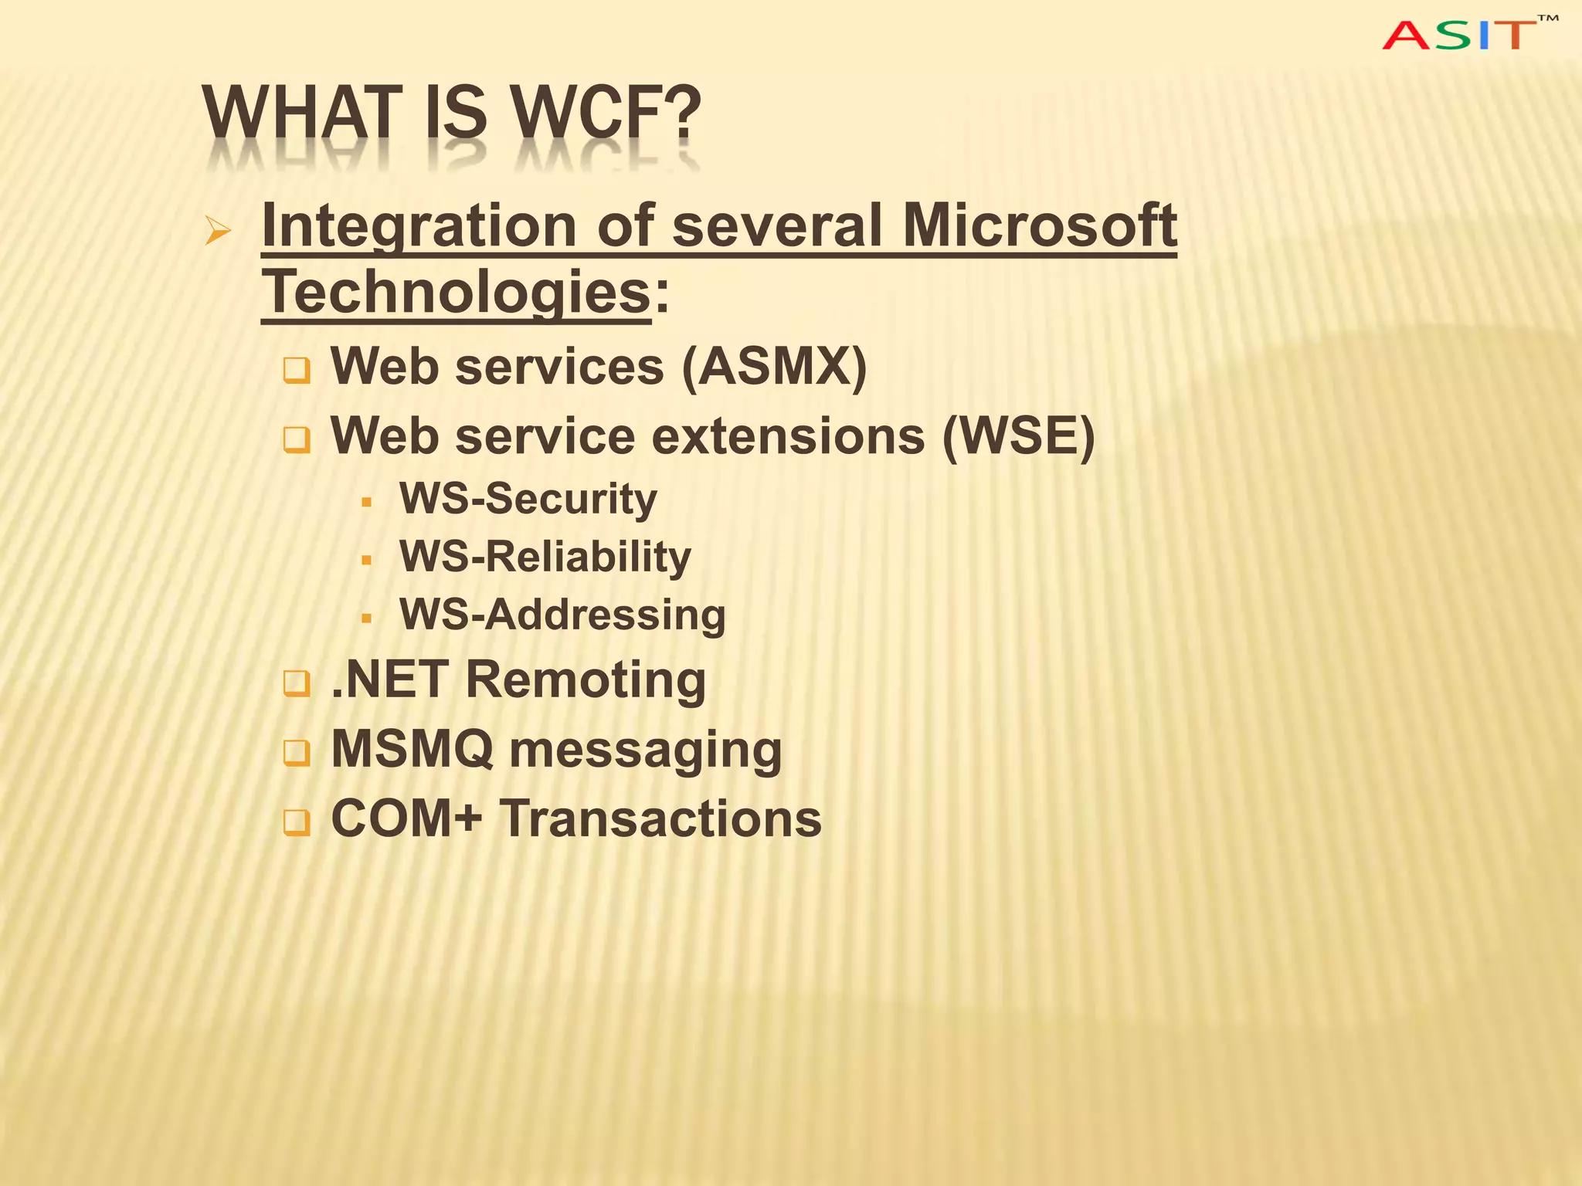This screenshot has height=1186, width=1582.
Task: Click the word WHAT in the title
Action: pos(303,114)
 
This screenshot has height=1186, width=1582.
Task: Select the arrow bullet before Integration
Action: pos(218,231)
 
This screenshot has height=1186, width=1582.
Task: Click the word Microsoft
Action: pos(1039,225)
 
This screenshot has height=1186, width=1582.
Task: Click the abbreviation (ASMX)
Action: pos(774,366)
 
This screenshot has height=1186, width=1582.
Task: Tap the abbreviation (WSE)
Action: pos(1017,436)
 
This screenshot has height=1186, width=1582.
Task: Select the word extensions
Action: pos(788,436)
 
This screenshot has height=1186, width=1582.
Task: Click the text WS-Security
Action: pos(528,499)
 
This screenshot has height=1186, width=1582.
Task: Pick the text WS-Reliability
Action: pos(545,557)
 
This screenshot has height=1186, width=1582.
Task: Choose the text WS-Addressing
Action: pos(562,615)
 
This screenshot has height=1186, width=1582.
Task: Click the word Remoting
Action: pos(586,680)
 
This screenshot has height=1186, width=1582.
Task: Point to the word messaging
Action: pos(646,751)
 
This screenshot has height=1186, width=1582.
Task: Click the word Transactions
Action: pos(660,818)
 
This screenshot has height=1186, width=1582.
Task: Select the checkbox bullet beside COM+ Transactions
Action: pos(296,822)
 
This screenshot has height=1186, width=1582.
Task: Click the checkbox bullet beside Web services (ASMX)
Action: pos(296,371)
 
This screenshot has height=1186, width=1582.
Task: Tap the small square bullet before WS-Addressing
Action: pos(367,618)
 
